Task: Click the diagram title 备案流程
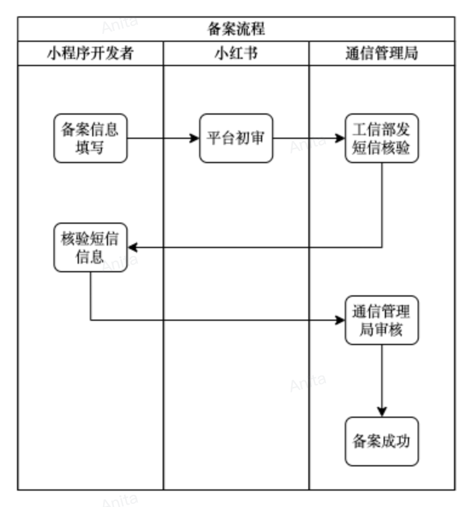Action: (x=235, y=29)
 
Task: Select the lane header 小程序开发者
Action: (x=90, y=53)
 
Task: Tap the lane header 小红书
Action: (x=236, y=53)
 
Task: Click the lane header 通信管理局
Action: (x=381, y=53)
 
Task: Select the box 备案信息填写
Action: (x=90, y=138)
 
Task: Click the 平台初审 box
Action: (x=236, y=138)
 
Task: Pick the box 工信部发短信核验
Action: (x=382, y=138)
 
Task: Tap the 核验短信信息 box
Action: (x=90, y=247)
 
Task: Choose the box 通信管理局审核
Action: (x=382, y=320)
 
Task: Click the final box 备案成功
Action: (x=382, y=441)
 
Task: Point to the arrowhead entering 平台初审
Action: (x=195, y=138)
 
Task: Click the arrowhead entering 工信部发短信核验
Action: (x=341, y=138)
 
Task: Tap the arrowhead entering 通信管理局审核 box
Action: (x=341, y=320)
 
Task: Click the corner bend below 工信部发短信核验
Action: (x=382, y=247)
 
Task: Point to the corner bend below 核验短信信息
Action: (x=91, y=320)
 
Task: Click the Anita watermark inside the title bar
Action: (x=120, y=25)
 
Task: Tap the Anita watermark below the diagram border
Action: (x=120, y=500)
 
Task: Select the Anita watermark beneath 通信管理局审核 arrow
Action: (x=308, y=383)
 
